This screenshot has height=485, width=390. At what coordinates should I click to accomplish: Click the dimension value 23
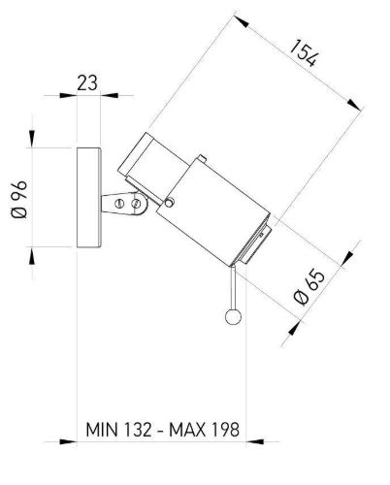[x=87, y=83]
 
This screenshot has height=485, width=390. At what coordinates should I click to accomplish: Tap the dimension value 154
[x=304, y=53]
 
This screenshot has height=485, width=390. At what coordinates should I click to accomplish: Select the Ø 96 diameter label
[x=19, y=199]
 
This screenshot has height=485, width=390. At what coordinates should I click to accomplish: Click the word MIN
[x=102, y=430]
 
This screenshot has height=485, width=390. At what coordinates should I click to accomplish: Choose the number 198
[x=226, y=430]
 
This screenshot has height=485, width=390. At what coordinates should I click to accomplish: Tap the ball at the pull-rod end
[x=233, y=316]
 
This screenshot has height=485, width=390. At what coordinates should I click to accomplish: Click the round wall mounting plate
[x=89, y=198]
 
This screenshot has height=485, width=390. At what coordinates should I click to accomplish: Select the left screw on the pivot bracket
[x=119, y=204]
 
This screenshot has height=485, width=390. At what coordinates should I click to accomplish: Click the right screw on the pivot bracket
[x=136, y=204]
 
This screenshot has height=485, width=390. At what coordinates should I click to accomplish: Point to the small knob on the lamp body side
[x=169, y=202]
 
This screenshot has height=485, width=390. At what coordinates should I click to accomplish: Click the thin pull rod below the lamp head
[x=233, y=287]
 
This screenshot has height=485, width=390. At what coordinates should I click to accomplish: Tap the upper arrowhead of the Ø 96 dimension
[x=32, y=138]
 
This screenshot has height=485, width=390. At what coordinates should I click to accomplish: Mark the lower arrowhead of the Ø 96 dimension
[x=32, y=257]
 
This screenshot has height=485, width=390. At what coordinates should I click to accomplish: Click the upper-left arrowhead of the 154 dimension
[x=242, y=22]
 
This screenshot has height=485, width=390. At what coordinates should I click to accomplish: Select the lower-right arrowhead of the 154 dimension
[x=354, y=105]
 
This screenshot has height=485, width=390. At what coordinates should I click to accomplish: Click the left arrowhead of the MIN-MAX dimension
[x=68, y=441]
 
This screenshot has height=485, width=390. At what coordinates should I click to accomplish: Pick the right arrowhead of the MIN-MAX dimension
[x=255, y=441]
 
